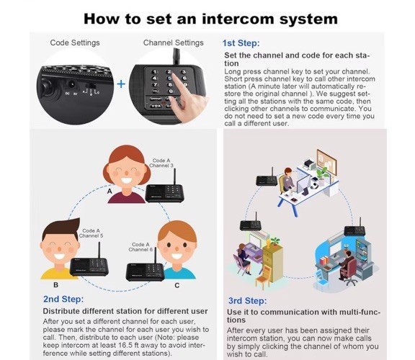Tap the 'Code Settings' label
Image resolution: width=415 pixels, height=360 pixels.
click(74, 42)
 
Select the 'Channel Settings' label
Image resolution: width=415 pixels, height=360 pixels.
click(172, 42)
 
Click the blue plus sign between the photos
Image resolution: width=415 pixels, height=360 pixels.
click(121, 84)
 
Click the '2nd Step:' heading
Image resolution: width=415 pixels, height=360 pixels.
click(63, 299)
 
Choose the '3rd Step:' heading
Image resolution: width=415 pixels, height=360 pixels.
click(247, 300)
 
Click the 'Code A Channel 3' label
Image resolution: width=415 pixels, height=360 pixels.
click(163, 163)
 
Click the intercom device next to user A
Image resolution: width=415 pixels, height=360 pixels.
click(162, 191)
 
